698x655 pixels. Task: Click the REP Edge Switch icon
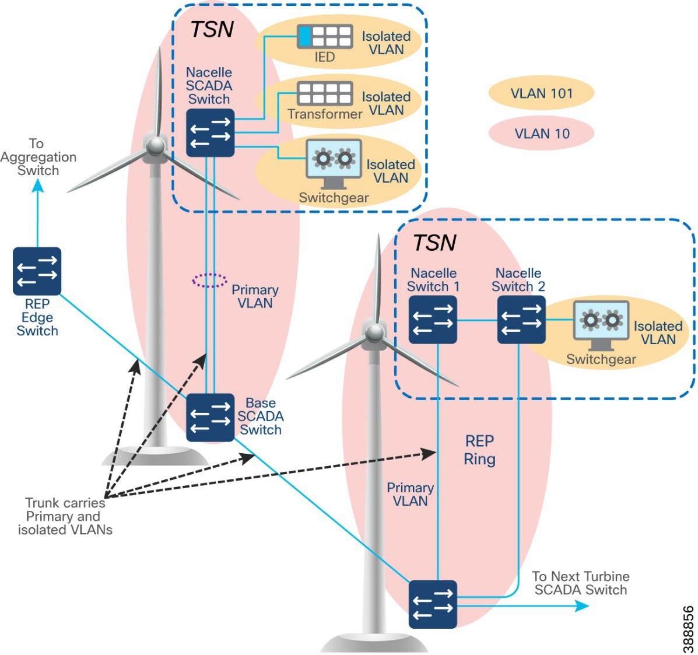(37, 271)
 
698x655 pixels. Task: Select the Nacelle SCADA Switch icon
(210, 132)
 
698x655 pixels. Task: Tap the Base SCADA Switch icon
(210, 418)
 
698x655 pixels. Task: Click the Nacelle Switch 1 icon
(433, 320)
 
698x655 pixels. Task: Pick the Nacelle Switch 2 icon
(521, 320)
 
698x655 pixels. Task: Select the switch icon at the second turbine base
(433, 604)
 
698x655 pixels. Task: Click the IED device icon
(325, 37)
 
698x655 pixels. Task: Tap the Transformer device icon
(325, 93)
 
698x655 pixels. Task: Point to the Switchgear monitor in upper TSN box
(334, 163)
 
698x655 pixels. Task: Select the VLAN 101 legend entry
(541, 93)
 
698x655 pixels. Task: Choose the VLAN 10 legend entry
(541, 134)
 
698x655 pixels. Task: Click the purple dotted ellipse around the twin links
(210, 281)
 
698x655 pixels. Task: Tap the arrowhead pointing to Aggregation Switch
(37, 186)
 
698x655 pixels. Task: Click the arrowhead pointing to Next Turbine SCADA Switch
(583, 605)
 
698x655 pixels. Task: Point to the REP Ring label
(479, 450)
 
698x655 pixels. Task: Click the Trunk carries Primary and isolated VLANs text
(65, 516)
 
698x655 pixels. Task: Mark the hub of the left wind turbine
(155, 146)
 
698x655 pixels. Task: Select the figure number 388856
(688, 629)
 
